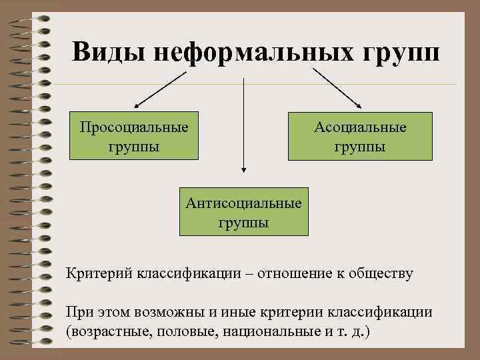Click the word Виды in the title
[109, 51]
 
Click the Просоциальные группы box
[134, 136]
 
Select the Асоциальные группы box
[361, 136]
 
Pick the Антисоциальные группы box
[244, 211]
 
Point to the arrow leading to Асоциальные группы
[337, 86]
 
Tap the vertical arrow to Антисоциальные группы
[244, 127]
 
